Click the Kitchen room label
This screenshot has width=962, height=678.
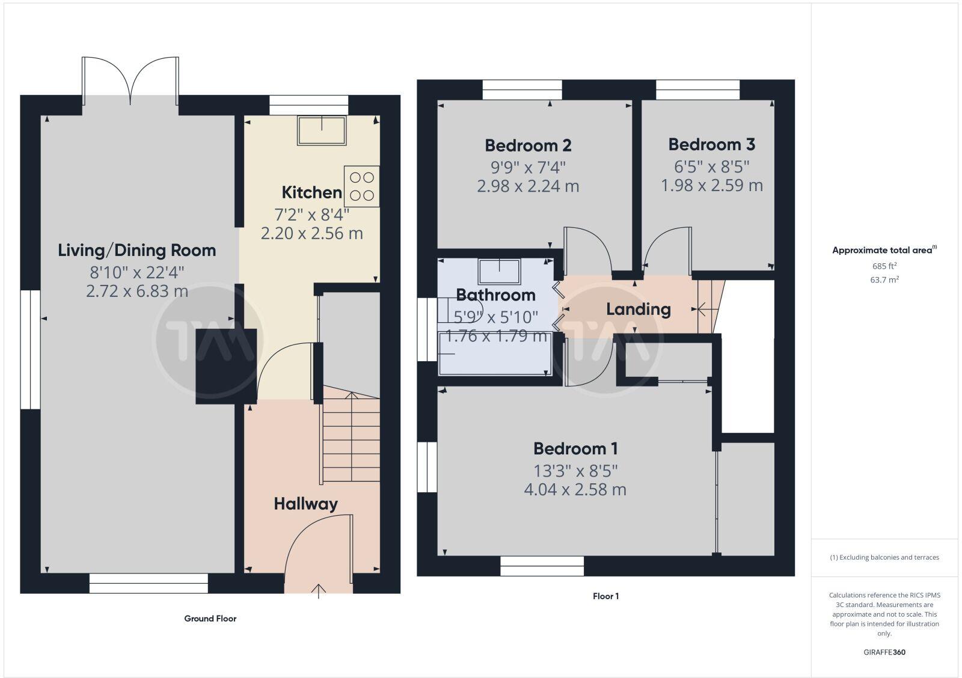(x=311, y=192)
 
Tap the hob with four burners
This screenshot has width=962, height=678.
(x=361, y=186)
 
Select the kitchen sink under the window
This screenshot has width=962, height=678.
(x=322, y=130)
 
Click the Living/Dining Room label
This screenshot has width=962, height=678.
(x=136, y=250)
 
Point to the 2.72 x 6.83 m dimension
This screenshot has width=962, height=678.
(x=136, y=292)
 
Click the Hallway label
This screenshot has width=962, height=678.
(x=305, y=504)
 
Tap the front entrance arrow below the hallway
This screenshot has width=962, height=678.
(x=318, y=591)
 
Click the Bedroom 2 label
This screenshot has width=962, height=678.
(x=528, y=145)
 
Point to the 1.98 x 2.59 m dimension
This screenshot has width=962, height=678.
(x=711, y=186)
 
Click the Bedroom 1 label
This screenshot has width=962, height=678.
(x=575, y=448)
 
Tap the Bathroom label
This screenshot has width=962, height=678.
(x=495, y=295)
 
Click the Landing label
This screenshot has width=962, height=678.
(x=638, y=309)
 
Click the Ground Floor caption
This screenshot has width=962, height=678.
(x=210, y=618)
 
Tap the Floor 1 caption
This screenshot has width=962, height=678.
(x=605, y=596)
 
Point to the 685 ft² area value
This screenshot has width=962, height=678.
(x=884, y=266)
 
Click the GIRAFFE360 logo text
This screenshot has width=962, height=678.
(x=884, y=652)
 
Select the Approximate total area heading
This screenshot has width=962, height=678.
(x=884, y=250)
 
